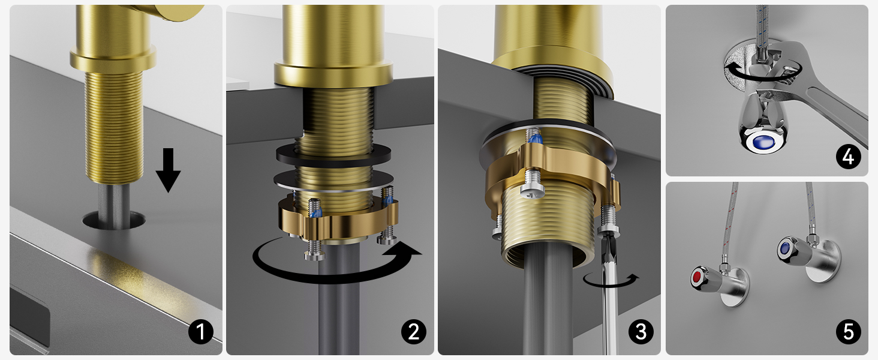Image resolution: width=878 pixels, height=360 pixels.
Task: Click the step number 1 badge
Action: tap(201, 332)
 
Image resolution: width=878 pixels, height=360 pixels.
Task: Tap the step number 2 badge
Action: tap(414, 332)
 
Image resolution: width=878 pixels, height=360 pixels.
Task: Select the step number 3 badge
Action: tap(641, 332)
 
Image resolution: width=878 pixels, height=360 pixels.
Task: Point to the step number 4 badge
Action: tap(849, 157)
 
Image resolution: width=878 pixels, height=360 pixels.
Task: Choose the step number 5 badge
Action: tap(849, 332)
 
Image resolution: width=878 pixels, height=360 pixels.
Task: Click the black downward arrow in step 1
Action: tap(168, 170)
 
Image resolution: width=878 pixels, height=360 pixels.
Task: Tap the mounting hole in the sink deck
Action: tap(114, 220)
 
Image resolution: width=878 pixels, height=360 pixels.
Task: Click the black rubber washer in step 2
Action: tap(333, 155)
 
